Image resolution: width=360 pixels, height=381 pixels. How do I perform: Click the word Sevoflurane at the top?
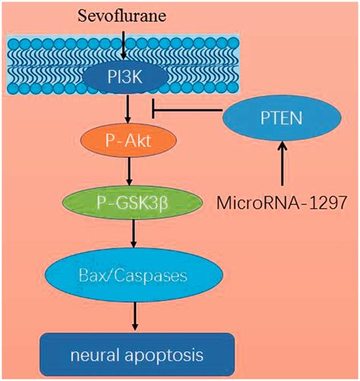point(122,16)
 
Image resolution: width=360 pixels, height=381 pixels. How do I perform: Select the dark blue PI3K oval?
point(125,77)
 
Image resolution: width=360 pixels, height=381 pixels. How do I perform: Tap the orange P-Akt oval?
point(128,140)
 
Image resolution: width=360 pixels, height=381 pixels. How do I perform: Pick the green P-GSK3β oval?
point(132,203)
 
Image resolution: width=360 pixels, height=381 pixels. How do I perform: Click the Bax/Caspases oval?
point(134,276)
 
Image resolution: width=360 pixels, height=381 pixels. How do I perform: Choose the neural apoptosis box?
point(137,355)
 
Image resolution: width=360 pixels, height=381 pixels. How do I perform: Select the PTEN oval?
point(282,118)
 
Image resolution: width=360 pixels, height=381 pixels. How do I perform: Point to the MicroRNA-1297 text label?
point(281,203)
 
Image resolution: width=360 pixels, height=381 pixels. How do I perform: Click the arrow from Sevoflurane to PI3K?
point(123,45)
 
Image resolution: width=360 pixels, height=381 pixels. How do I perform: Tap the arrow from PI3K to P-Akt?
point(128,109)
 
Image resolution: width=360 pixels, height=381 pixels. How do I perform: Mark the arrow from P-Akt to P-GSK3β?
point(129,172)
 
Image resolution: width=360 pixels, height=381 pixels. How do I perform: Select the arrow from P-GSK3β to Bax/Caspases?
point(134,234)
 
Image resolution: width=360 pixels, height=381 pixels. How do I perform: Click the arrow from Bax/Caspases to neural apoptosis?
point(135,316)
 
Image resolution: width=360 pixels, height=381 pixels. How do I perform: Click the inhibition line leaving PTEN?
point(188,110)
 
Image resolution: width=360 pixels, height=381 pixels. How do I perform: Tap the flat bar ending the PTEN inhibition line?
point(153,109)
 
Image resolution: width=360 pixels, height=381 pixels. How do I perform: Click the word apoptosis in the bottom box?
point(164,355)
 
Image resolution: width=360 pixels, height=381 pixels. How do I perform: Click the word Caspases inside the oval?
point(150,276)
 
